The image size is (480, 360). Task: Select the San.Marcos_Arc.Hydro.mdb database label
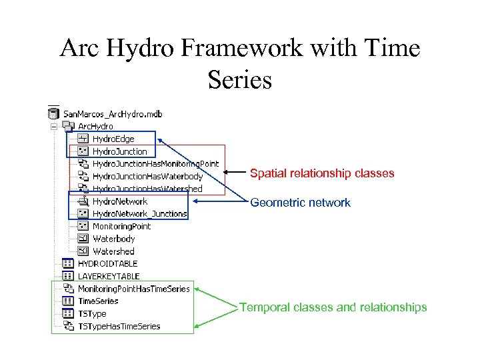[113, 113]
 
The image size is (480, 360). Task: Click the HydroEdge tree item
[113, 139]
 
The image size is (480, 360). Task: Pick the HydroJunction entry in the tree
[119, 151]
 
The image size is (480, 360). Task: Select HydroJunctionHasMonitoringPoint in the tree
[155, 164]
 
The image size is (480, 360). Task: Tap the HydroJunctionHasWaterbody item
[147, 177]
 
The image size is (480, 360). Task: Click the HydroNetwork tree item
[120, 201]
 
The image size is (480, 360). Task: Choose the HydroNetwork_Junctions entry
[139, 214]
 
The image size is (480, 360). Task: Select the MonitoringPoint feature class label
[121, 227]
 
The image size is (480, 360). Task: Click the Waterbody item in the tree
[113, 239]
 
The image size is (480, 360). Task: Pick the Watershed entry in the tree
[113, 251]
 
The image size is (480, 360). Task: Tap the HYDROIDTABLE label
[107, 264]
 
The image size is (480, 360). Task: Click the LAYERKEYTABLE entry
[109, 276]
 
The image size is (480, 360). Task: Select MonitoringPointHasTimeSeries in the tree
[133, 289]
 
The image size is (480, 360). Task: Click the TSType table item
[92, 314]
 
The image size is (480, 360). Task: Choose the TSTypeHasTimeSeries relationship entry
[119, 327]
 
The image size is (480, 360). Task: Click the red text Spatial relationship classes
[322, 173]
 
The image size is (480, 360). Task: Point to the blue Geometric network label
[300, 203]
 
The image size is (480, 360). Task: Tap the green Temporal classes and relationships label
[333, 307]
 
